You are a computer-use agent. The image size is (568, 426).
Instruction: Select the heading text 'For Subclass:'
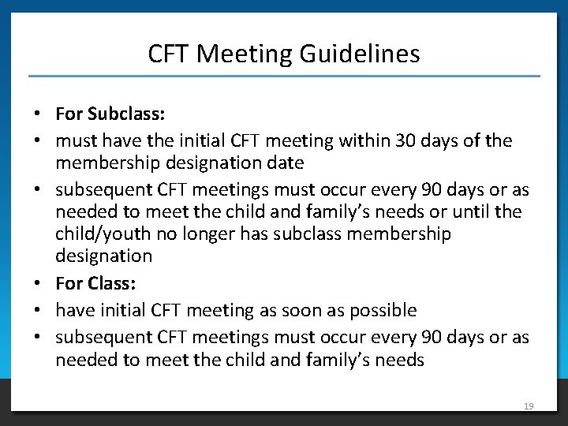(x=110, y=114)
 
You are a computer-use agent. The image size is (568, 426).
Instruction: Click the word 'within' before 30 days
(x=364, y=141)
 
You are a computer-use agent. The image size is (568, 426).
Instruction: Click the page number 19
(x=529, y=405)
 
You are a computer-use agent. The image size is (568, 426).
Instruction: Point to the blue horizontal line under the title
(x=284, y=76)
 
